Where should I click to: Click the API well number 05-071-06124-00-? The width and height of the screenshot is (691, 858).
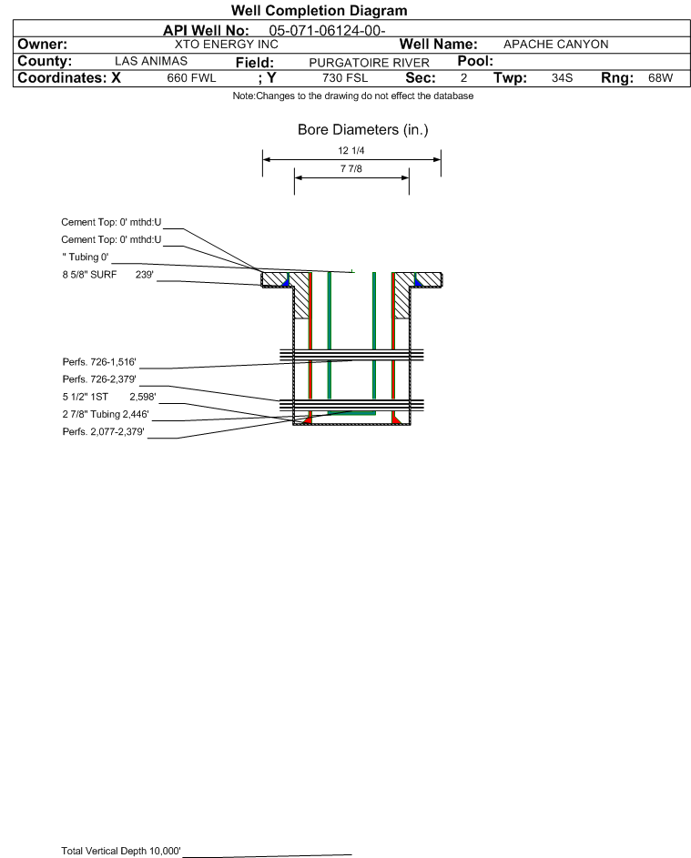pos(327,31)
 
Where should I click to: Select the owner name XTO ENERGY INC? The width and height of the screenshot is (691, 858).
pos(226,45)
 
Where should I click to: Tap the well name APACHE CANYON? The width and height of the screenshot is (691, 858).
pos(555,45)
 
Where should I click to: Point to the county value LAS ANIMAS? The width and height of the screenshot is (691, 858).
pos(151,61)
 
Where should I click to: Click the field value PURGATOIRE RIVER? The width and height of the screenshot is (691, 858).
pos(369,63)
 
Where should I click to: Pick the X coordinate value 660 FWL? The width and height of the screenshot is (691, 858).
pos(191,78)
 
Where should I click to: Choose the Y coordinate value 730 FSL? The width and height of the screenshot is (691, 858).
pos(345,78)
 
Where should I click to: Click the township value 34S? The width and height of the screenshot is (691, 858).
pos(563,78)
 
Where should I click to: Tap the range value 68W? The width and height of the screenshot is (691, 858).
pos(660,78)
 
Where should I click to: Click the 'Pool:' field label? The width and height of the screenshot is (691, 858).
pos(475,61)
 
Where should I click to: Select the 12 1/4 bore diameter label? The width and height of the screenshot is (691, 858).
pos(351,150)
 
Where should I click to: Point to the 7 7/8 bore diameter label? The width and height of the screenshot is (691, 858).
pos(351,168)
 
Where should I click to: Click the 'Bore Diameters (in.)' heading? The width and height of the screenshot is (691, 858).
pos(363,130)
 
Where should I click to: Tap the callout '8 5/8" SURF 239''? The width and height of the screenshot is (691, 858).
pos(107,275)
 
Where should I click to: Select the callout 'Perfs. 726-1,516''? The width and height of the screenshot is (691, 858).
pos(99,362)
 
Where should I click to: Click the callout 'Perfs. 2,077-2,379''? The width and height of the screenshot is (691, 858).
pos(104,432)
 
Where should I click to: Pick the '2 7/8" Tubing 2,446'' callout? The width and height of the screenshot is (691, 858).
pos(106,414)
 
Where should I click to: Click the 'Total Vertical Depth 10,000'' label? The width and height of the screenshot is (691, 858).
pos(121,851)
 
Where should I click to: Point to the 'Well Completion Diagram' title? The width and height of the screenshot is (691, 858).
pos(320,10)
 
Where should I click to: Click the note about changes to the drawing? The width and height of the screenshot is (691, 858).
pos(353,96)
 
